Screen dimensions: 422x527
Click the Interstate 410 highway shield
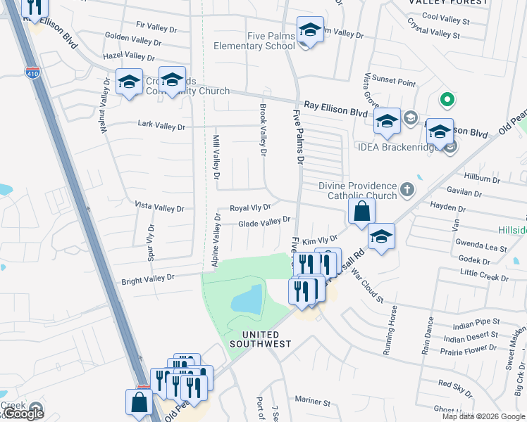point(32,72)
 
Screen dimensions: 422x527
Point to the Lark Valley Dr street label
point(161,127)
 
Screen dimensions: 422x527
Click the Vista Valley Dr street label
point(159,208)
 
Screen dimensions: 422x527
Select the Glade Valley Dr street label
point(264,222)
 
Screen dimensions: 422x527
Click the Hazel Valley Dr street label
point(129,56)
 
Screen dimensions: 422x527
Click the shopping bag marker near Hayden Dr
point(361,211)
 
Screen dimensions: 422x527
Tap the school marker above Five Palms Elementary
point(310,30)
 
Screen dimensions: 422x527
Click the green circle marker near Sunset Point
point(445,100)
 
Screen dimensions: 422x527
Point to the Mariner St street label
point(314,402)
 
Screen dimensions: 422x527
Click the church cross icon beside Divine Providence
point(407,189)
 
